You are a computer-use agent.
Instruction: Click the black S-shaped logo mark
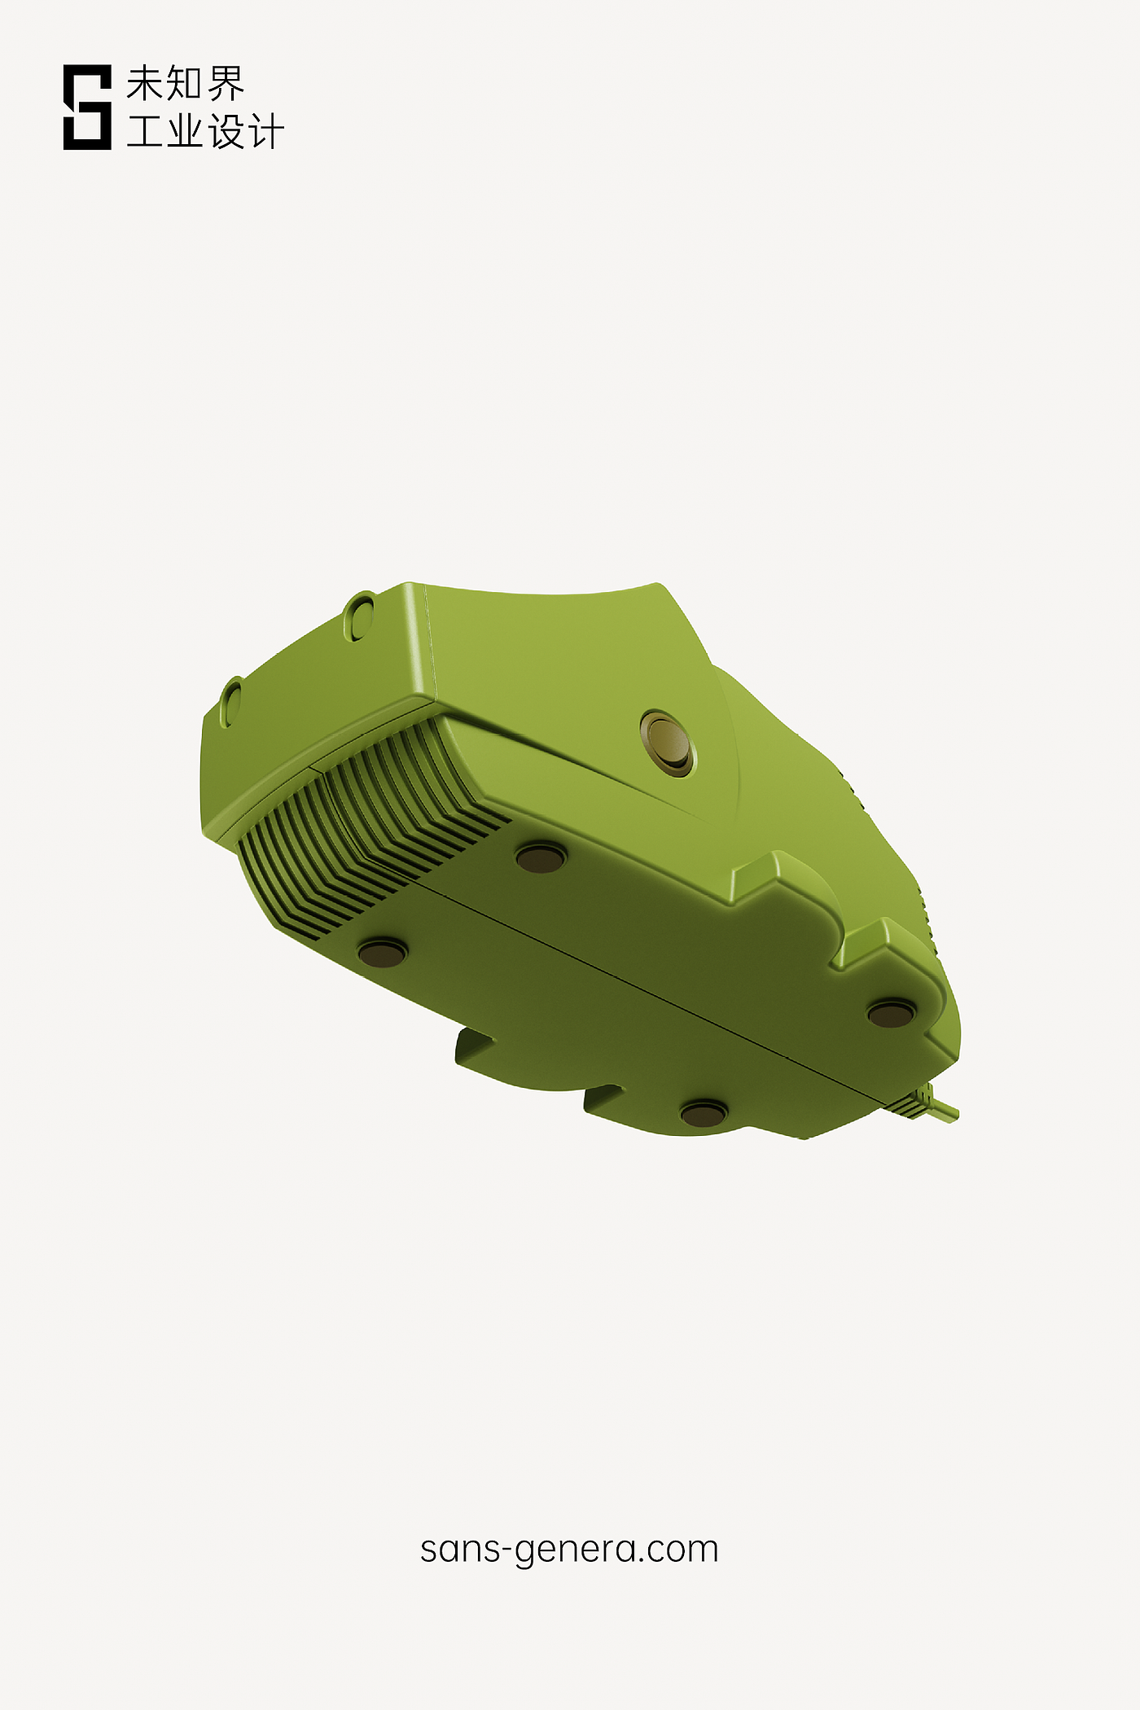[87, 107]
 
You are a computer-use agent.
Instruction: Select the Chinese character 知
[186, 84]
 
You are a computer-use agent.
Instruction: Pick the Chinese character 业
[186, 131]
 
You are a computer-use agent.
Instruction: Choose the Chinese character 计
[265, 131]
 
